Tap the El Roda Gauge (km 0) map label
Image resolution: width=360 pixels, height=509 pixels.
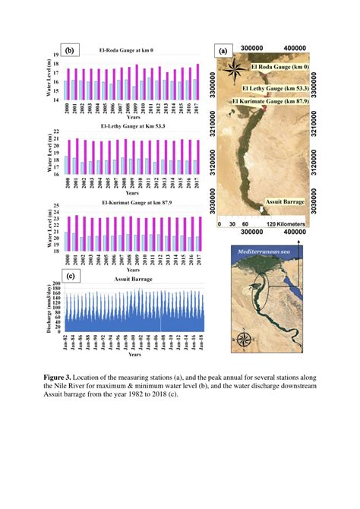point(280,68)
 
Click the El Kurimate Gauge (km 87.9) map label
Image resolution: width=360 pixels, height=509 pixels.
point(270,101)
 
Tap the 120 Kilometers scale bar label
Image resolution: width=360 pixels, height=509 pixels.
point(282,225)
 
